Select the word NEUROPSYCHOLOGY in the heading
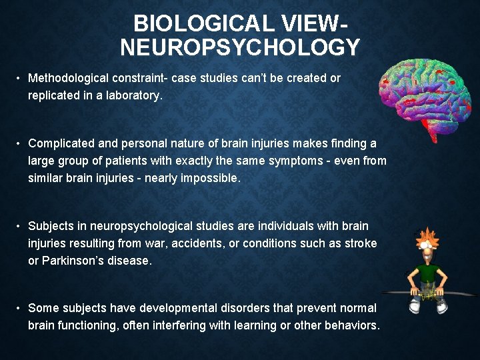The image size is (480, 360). tap(240, 48)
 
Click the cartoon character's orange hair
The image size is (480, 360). tap(424, 237)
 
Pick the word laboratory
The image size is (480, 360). tap(133, 95)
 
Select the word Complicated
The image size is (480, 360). tap(60, 143)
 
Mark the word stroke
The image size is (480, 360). tap(361, 243)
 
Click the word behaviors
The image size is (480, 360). tap(352, 325)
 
